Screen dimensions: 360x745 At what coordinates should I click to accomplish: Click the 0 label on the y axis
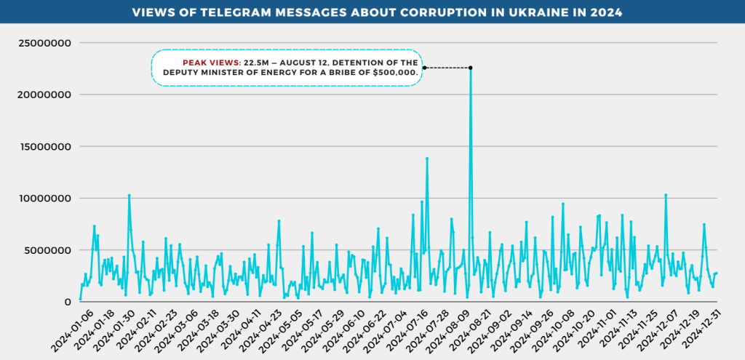tap(68, 302)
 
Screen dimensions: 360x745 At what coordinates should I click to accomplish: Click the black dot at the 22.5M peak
tap(471, 68)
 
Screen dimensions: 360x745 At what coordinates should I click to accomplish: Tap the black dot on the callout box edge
tap(424, 68)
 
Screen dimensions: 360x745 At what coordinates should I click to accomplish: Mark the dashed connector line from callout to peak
tap(447, 68)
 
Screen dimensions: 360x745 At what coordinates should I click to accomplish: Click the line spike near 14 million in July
tap(427, 159)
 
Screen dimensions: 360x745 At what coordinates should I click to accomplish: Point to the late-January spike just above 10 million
tap(129, 196)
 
